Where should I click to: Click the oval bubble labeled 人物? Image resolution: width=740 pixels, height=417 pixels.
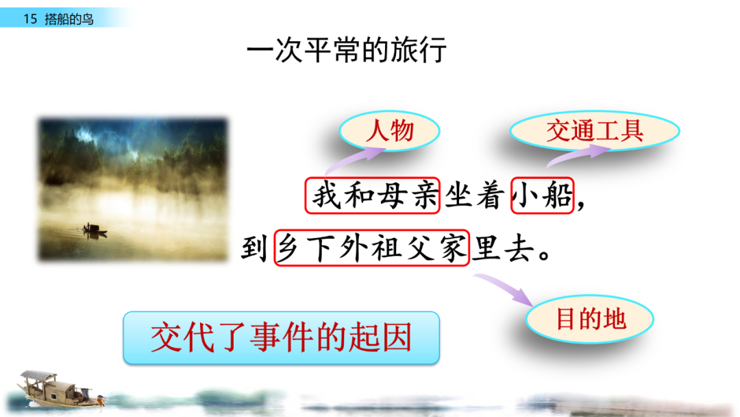tap(390, 130)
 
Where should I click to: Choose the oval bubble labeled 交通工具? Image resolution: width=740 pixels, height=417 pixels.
tap(594, 130)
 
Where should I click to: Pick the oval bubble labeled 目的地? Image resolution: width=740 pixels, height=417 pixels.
tap(590, 319)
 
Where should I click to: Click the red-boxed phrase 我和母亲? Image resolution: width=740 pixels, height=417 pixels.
tap(372, 196)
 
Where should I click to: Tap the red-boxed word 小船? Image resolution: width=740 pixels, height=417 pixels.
tap(542, 196)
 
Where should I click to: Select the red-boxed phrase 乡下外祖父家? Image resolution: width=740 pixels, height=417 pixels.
tap(371, 248)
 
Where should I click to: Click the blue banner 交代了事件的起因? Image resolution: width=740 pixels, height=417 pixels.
tap(281, 337)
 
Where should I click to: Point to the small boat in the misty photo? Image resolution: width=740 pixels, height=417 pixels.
tap(94, 230)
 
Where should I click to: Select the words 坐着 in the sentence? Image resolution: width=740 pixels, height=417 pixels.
tap(476, 196)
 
